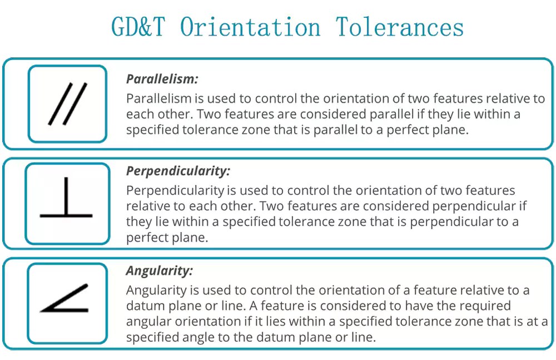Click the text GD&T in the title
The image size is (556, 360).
point(138,27)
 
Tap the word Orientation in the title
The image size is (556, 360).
point(250,27)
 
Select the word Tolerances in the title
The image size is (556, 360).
point(400,27)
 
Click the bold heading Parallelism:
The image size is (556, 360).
point(162,79)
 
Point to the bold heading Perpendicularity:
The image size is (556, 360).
point(178,171)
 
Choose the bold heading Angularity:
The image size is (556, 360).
point(159,271)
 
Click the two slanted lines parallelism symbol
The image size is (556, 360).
point(68,103)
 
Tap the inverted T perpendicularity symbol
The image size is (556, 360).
point(66,197)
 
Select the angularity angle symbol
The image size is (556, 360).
point(64,298)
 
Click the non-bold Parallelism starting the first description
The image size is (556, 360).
point(159,98)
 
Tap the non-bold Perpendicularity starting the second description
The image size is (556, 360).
point(175,191)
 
